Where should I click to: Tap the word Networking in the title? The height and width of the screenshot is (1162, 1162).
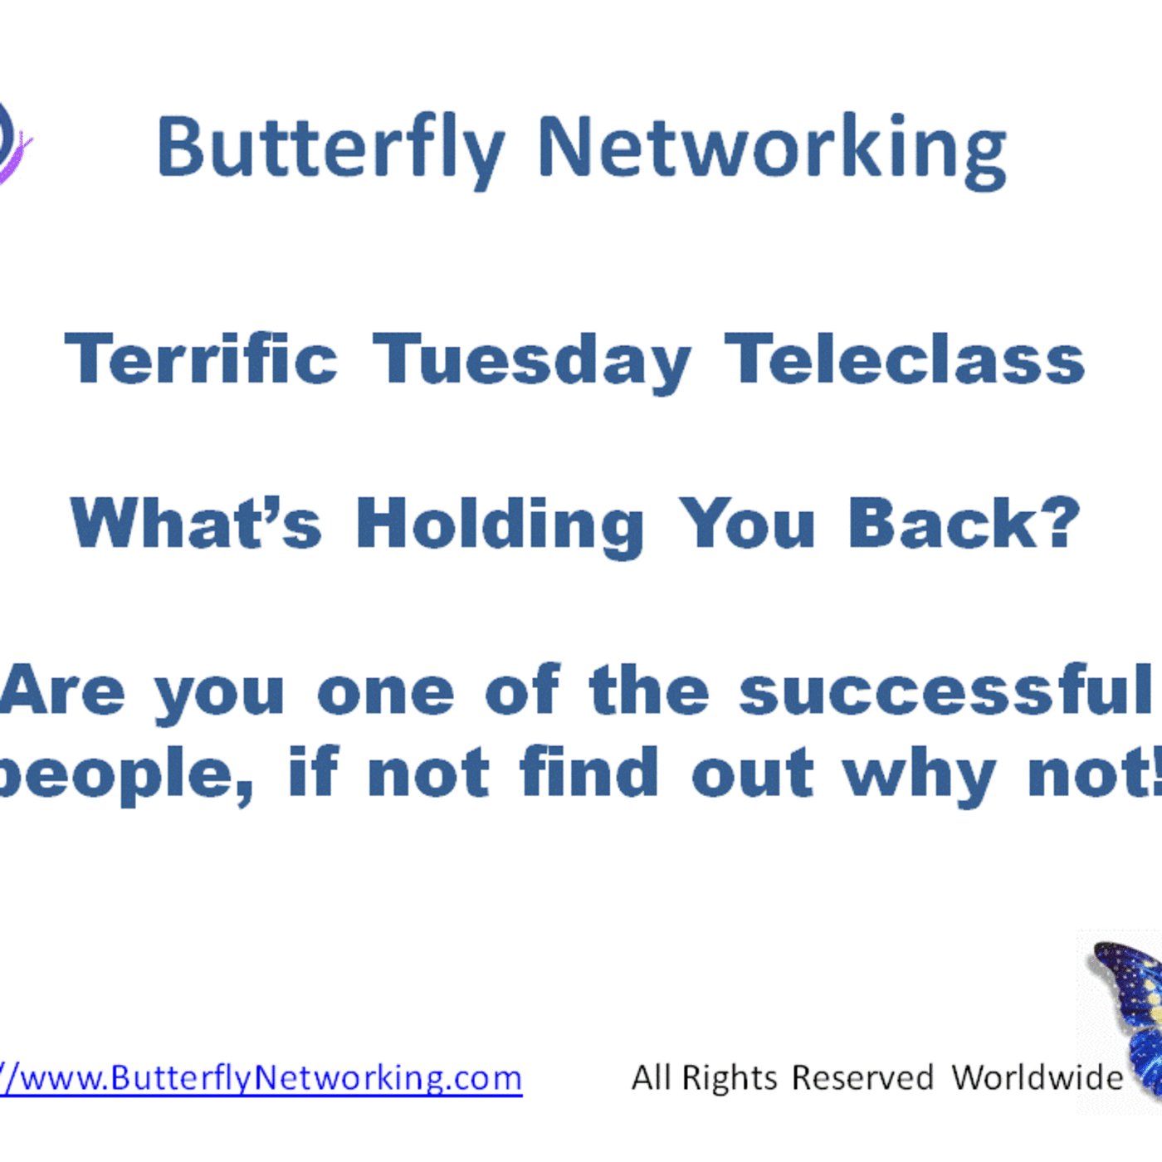coord(772,149)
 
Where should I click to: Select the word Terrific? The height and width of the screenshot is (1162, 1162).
coord(201,359)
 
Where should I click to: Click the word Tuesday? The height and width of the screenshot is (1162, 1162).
coord(531,361)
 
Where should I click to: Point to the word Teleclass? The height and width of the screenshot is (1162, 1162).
coord(905,359)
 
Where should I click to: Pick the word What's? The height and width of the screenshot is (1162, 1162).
coord(196,524)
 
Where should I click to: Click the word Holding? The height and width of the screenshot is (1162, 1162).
coord(500,525)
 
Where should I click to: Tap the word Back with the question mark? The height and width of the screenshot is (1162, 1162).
coord(964,524)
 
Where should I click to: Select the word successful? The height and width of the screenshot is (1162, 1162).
coord(946,690)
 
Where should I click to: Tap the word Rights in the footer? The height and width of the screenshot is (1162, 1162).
coord(730,1078)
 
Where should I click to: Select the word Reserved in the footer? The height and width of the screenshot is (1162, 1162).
coord(862,1078)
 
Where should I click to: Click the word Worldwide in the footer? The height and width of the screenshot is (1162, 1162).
coord(1037,1078)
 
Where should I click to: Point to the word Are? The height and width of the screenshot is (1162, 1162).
coord(62,690)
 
